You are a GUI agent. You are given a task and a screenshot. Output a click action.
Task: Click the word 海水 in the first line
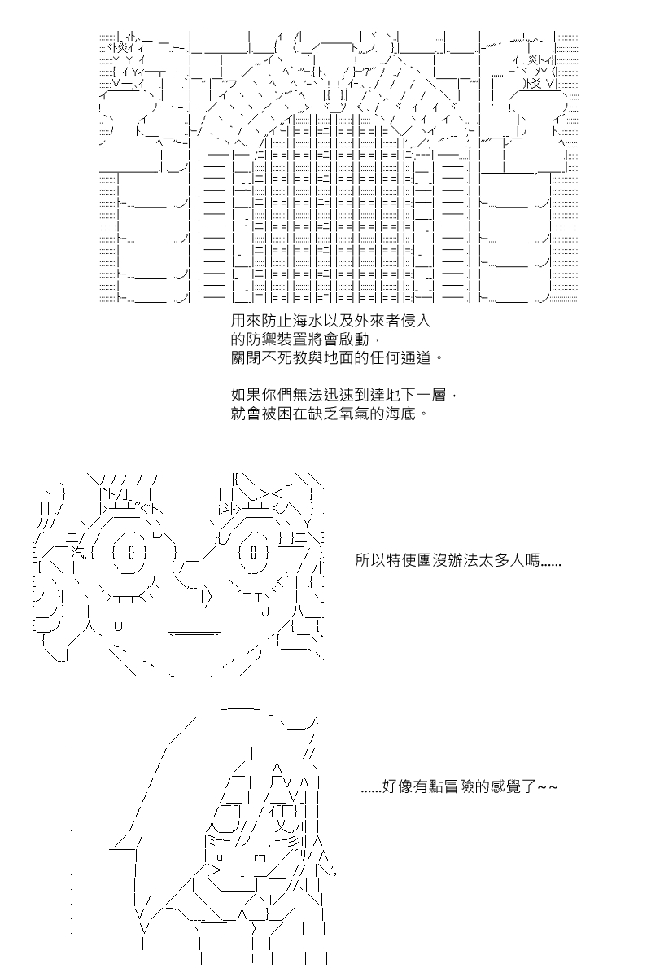(308, 321)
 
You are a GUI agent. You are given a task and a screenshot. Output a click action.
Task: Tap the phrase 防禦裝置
(278, 339)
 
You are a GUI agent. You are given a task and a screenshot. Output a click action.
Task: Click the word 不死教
(294, 357)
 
